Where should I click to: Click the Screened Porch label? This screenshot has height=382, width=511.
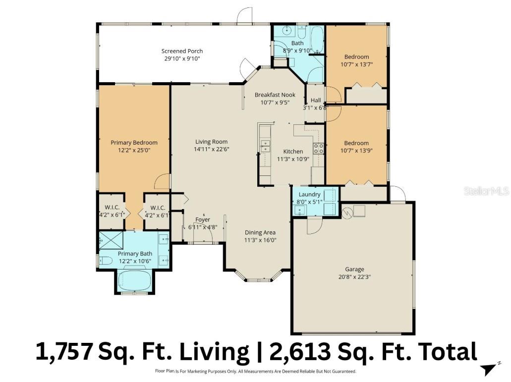click(182, 51)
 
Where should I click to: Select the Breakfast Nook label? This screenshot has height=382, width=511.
click(275, 95)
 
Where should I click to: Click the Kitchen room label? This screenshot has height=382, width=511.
click(292, 152)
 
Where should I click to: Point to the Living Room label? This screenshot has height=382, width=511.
click(211, 142)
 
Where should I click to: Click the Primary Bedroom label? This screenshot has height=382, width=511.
click(134, 143)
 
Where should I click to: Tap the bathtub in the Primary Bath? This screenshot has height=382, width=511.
click(135, 281)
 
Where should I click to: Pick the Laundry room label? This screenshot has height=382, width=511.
click(309, 194)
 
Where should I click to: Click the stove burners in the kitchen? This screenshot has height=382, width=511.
click(318, 148)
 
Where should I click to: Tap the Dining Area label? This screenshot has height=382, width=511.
click(260, 232)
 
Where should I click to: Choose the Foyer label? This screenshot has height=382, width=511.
click(202, 219)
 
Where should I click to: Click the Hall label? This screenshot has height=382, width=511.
click(316, 100)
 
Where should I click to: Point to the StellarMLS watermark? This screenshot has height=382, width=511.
click(486, 191)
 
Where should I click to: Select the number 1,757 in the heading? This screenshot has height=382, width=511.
click(64, 351)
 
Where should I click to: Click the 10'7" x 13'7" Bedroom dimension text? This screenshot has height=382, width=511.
click(357, 64)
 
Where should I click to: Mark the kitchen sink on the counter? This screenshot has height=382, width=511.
click(266, 146)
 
